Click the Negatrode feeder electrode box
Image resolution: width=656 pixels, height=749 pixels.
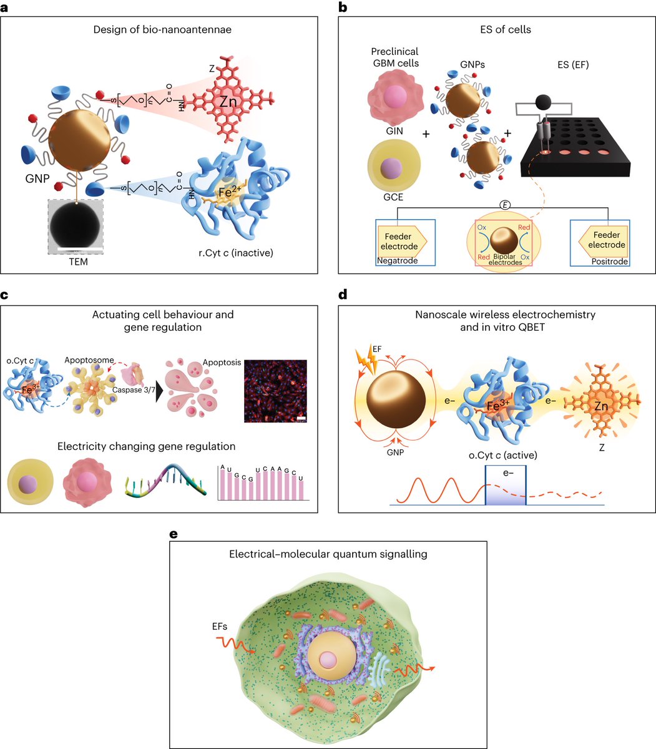pyautogui.click(x=405, y=242)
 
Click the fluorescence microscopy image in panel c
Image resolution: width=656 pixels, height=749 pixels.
pyautogui.click(x=275, y=393)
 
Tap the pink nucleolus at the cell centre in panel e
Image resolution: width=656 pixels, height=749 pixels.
pyautogui.click(x=331, y=660)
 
